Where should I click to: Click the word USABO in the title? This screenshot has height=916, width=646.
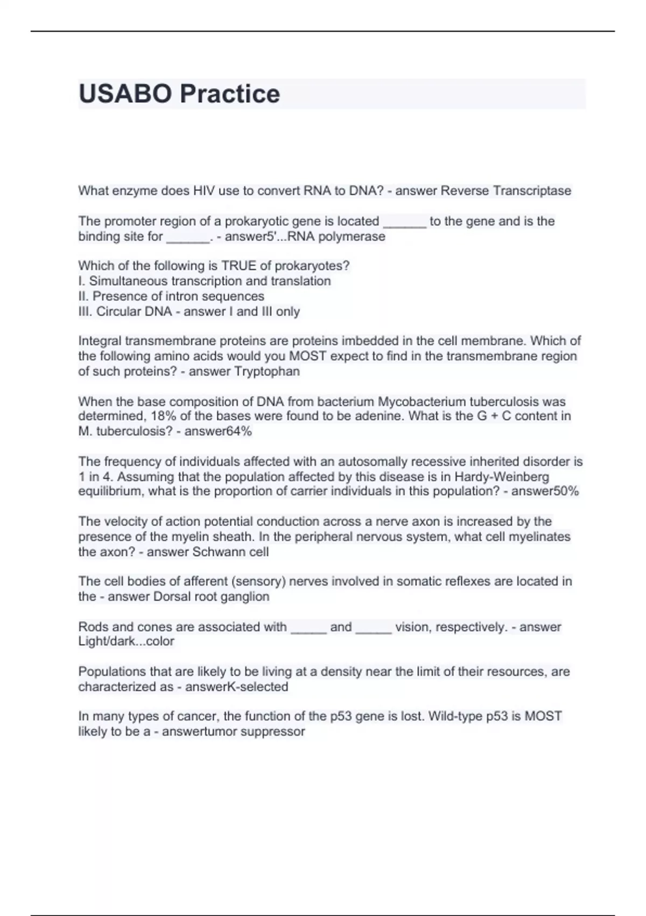coord(125,94)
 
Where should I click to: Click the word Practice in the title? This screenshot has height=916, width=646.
coord(230,94)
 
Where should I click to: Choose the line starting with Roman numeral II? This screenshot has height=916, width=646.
coord(171,296)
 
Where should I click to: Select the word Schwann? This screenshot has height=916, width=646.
coord(217,552)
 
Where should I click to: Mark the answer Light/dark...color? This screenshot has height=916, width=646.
coord(126,641)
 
